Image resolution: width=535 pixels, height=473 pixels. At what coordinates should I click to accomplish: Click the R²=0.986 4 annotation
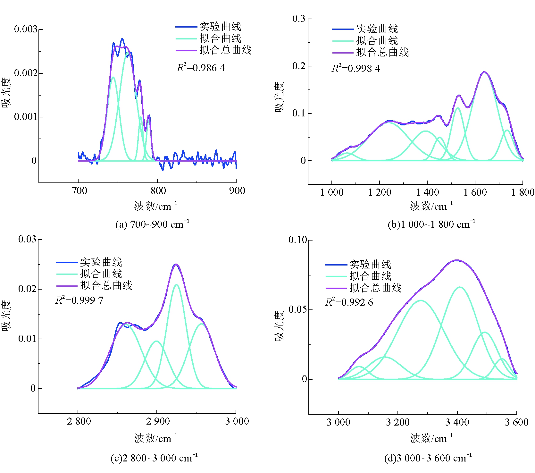(201, 68)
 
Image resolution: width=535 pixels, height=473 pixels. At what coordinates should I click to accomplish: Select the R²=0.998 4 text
(355, 68)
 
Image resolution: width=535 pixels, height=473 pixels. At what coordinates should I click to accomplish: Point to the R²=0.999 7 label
(79, 300)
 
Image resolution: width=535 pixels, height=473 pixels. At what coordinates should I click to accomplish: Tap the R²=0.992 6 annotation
(349, 302)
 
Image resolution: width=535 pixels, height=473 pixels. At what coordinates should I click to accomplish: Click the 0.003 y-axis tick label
(26, 29)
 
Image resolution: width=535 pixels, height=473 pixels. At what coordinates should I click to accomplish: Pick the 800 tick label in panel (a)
(158, 191)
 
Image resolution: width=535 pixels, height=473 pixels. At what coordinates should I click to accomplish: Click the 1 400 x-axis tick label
(427, 192)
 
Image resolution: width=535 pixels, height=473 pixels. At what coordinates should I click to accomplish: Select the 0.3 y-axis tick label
(298, 19)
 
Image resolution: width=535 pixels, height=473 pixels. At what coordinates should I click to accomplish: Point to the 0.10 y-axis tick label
(297, 240)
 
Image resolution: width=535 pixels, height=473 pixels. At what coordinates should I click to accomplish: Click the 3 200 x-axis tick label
(397, 422)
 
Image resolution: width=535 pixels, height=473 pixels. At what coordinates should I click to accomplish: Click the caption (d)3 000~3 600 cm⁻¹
(428, 458)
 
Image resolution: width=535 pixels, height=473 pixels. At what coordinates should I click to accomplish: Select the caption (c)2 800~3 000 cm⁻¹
(154, 458)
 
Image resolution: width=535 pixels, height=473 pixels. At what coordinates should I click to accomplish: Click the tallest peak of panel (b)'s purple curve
(484, 72)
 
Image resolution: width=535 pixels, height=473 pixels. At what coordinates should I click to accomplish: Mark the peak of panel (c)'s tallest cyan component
(176, 285)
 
